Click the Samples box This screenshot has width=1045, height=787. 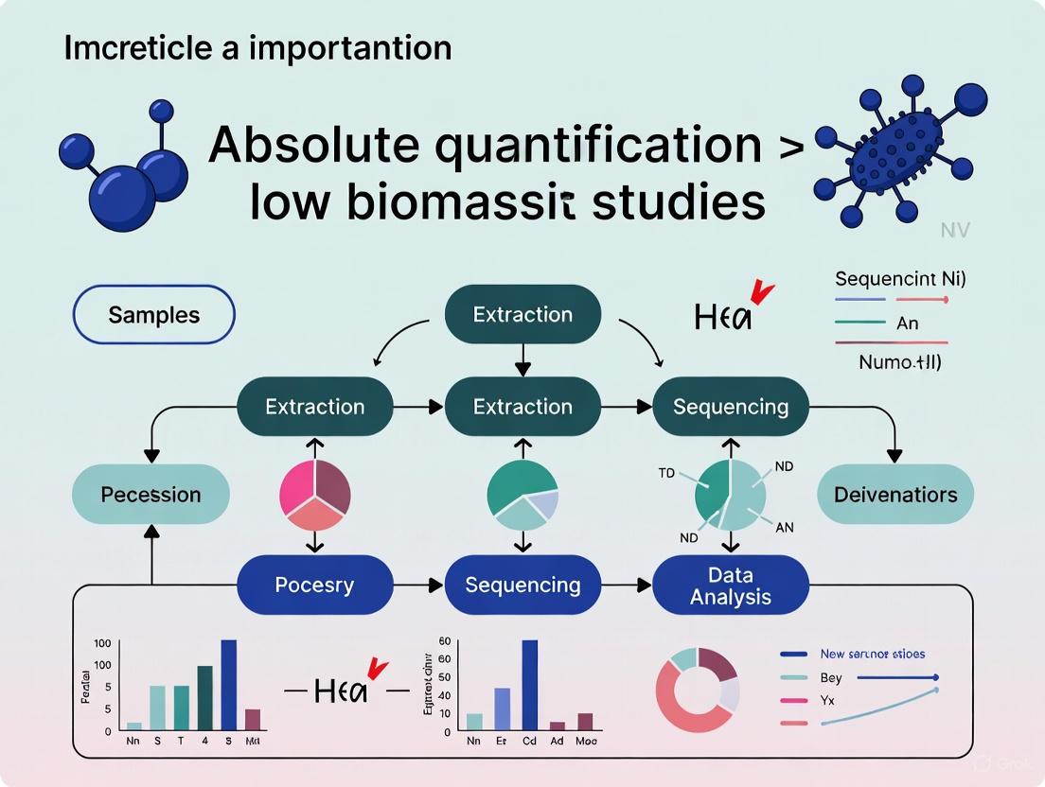pyautogui.click(x=153, y=315)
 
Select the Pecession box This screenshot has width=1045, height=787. pyautogui.click(x=151, y=495)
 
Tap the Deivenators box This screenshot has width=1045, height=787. pyautogui.click(x=895, y=495)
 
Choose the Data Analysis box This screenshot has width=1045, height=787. pyautogui.click(x=730, y=586)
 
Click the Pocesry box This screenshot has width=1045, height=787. pyautogui.click(x=314, y=585)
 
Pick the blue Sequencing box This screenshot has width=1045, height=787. pyautogui.click(x=522, y=585)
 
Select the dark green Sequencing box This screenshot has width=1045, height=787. pyautogui.click(x=730, y=407)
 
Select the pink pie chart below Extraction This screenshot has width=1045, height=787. pyautogui.click(x=315, y=495)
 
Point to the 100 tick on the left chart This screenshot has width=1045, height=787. pyautogui.click(x=101, y=643)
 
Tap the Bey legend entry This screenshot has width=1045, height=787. pyautogui.click(x=827, y=678)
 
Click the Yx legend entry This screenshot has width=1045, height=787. pyautogui.click(x=827, y=700)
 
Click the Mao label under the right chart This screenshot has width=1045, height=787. pyautogui.click(x=586, y=742)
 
